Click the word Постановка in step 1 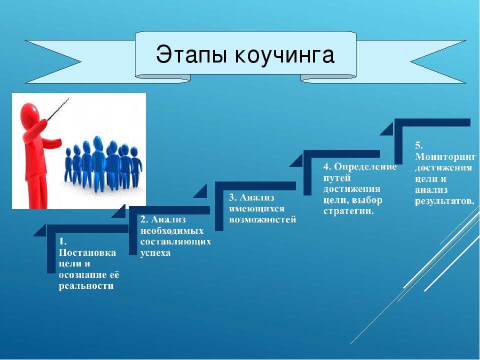(87, 253)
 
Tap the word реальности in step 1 (86, 286)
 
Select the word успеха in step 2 (155, 253)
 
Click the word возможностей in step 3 (262, 219)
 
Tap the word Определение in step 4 (365, 166)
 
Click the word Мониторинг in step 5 (445, 157)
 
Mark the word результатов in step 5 (444, 201)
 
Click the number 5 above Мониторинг (418, 145)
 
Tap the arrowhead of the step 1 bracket (39, 230)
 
